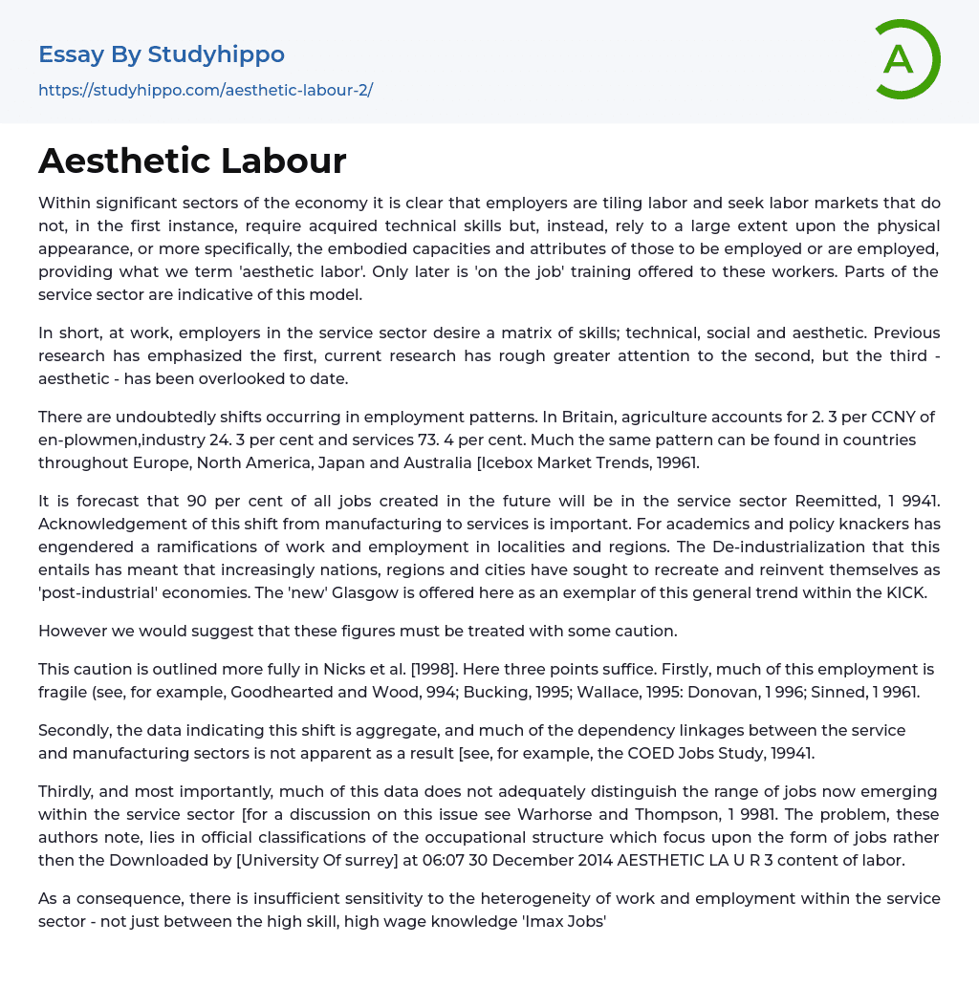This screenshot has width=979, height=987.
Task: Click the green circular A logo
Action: click(906, 59)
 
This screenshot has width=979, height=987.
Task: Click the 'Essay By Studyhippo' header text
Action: click(162, 54)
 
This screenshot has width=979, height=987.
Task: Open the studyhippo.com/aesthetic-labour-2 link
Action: click(206, 91)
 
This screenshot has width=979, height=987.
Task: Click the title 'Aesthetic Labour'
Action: click(192, 161)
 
